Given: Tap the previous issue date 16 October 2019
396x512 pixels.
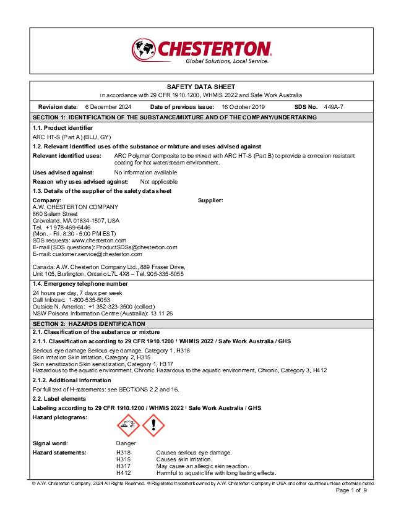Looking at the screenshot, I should click(247, 107).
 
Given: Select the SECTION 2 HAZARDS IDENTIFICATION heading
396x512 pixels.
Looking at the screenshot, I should click(89, 323).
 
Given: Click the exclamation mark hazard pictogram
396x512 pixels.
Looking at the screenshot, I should click(154, 426).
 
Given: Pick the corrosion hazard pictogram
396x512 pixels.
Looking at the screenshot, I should click(128, 426).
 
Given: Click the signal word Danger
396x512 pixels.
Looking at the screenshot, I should click(126, 443).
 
